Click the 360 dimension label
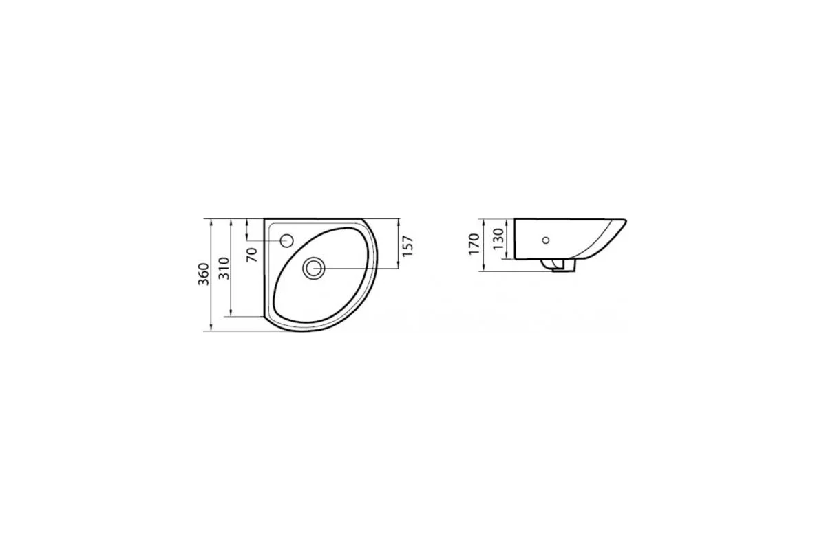pos(204,274)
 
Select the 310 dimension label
pos(224,268)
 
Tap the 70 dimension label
pos(252,255)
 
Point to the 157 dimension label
pos(407,246)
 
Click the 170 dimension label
pos(474,244)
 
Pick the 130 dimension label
pos(498,238)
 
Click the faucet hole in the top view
pos(286,241)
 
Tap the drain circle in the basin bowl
pos(314,268)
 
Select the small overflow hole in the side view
pos(546,240)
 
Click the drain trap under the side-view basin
pos(558,265)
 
